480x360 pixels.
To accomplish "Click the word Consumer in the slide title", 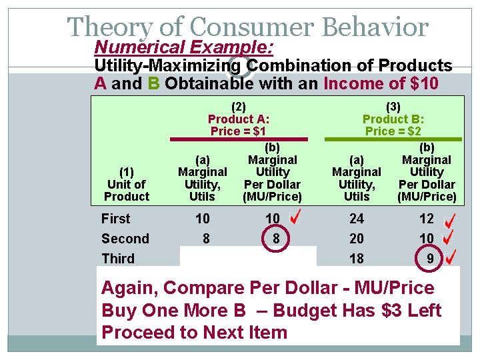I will tap(251, 27).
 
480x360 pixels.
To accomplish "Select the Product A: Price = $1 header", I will tap(239, 119).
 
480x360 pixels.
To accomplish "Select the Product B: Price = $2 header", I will tap(393, 119).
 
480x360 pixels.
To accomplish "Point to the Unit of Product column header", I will tap(127, 184).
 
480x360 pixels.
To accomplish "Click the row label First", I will tap(116, 219).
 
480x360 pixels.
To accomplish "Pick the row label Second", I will tap(125, 239).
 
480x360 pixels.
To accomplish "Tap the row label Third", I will tap(118, 258).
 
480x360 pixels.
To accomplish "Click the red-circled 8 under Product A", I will tap(273, 239).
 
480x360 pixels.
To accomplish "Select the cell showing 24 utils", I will tap(357, 219).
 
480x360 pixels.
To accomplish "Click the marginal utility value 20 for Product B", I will tap(357, 239).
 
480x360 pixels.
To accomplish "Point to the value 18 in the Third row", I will tap(357, 259).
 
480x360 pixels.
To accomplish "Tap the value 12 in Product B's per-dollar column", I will tap(427, 219).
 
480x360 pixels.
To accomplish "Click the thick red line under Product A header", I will tap(239, 140).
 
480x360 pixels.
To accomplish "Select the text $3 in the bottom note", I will tap(372, 311).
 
